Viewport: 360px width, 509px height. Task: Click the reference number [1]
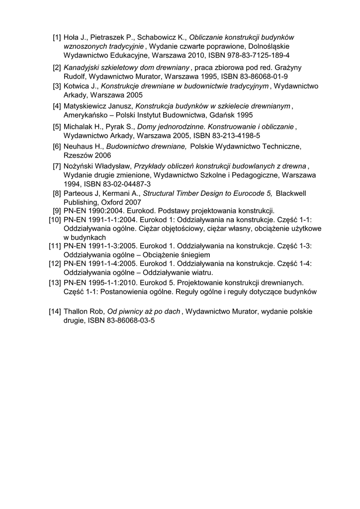pos(57,37)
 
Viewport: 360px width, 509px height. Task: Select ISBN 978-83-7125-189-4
pos(254,55)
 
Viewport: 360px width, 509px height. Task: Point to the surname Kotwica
pos(76,86)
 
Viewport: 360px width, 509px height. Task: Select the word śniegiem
pos(186,254)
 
